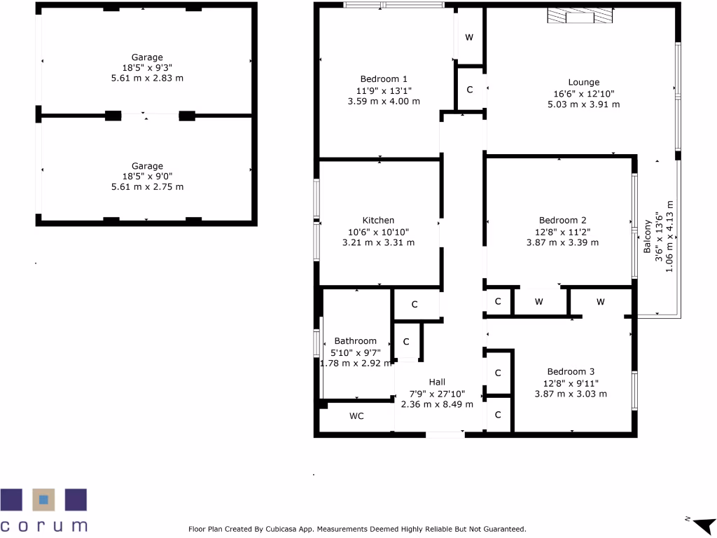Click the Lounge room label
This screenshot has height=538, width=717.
(583, 82)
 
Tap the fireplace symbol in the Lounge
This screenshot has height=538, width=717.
(579, 18)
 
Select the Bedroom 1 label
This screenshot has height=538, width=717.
(384, 78)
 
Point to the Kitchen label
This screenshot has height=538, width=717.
(378, 220)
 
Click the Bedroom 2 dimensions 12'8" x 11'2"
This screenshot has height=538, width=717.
(562, 231)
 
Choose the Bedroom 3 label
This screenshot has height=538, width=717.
(571, 371)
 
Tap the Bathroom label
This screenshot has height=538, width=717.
(355, 341)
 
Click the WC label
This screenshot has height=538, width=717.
(356, 415)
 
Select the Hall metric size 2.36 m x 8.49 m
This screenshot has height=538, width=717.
(437, 404)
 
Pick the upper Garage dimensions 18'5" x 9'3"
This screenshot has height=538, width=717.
(147, 68)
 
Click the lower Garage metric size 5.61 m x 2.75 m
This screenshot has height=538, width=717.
(147, 188)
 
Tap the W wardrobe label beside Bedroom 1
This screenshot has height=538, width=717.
(469, 36)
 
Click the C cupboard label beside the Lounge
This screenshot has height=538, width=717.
(469, 89)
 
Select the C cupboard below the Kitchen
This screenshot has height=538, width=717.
(415, 305)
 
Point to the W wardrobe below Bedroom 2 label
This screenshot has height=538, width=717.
(538, 302)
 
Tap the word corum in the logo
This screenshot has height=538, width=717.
(43, 525)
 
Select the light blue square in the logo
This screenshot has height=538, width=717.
(43, 499)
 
